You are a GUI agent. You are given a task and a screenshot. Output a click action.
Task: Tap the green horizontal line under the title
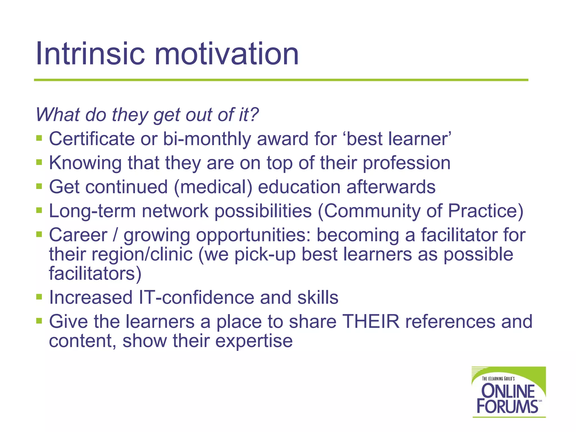tap(281, 80)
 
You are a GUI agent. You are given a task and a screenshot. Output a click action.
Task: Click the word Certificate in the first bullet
tap(92, 139)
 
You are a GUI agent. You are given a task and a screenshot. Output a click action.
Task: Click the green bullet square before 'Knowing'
tap(39, 162)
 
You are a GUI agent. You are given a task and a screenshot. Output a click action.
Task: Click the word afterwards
tap(391, 187)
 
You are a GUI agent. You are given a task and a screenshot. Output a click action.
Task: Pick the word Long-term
tap(92, 211)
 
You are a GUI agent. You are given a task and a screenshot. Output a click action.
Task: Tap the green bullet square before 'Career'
tap(39, 234)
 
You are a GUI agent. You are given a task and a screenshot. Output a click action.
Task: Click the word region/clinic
tap(142, 255)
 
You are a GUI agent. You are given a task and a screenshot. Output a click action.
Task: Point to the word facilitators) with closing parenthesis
tap(95, 273)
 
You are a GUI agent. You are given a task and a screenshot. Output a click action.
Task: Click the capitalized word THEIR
tap(371, 321)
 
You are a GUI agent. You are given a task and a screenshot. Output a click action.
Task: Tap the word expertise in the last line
tap(254, 341)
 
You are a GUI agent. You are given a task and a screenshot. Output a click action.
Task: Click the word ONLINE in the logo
tap(508, 391)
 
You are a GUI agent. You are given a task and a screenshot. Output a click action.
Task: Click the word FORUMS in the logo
tap(507, 406)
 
